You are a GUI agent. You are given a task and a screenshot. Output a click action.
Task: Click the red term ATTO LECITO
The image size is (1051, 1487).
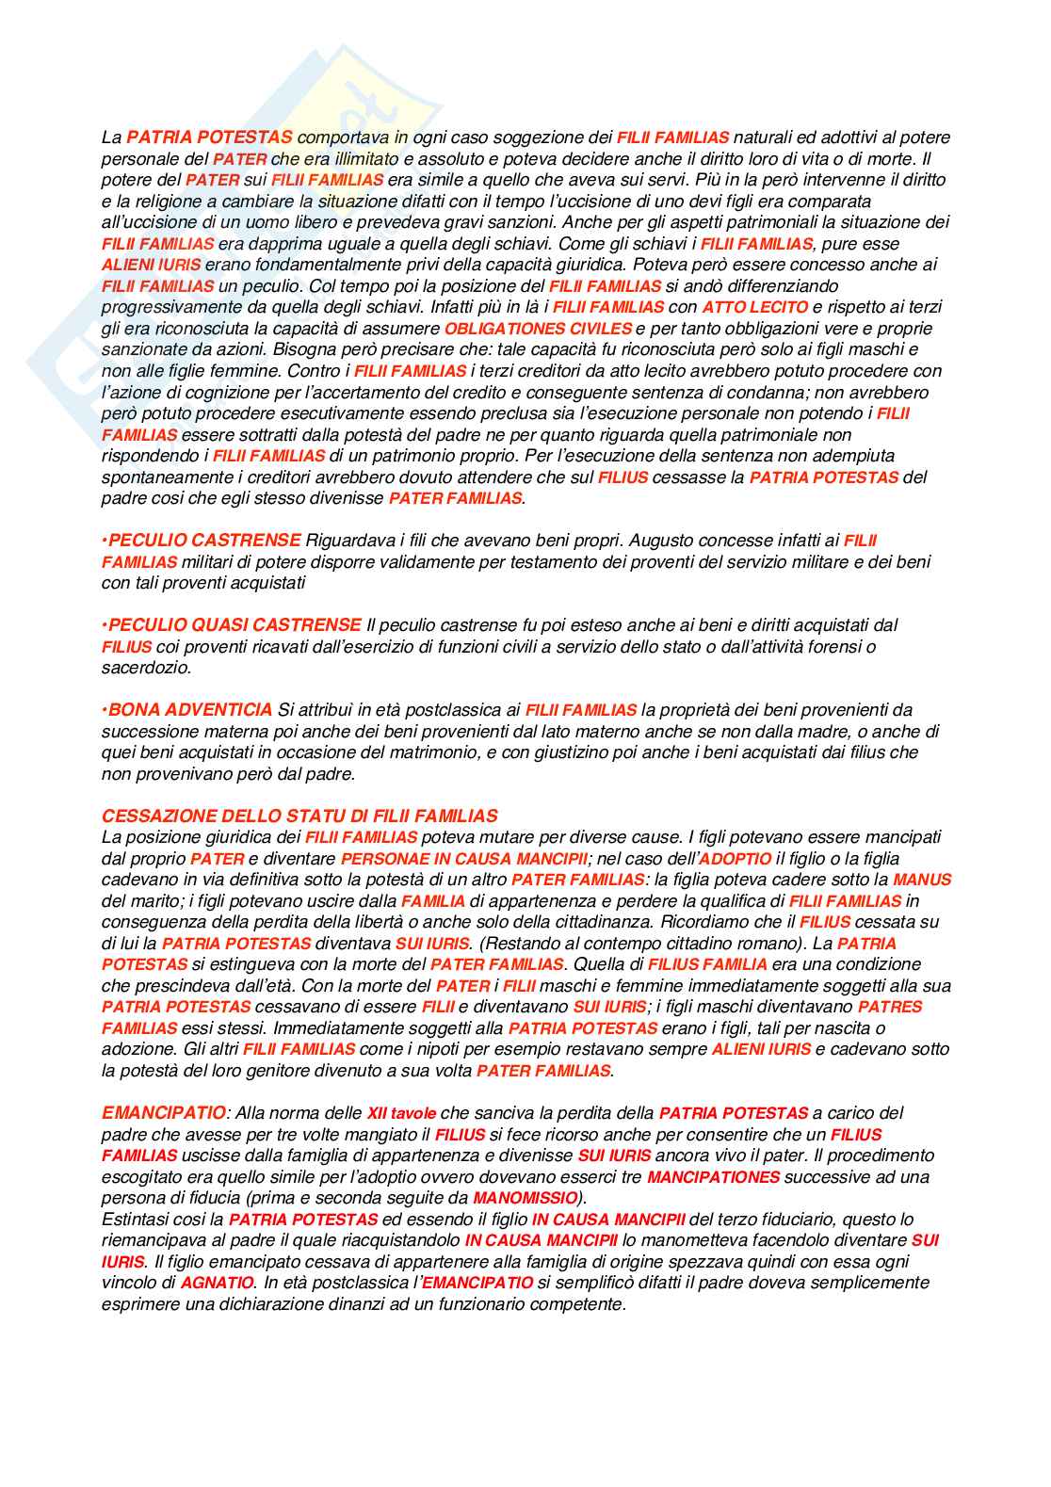tap(755, 307)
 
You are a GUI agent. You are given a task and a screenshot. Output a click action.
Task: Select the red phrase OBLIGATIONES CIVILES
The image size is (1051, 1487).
tap(538, 329)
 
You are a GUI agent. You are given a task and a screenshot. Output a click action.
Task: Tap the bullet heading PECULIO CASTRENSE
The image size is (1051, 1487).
tap(202, 541)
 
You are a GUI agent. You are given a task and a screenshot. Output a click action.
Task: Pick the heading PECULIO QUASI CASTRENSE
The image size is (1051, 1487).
tap(232, 625)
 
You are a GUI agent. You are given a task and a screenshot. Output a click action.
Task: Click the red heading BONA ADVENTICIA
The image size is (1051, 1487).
tap(187, 710)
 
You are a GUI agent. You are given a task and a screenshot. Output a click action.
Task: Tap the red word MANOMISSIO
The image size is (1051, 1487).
tap(525, 1198)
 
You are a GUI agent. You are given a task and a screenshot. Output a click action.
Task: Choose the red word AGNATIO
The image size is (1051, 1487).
tap(217, 1283)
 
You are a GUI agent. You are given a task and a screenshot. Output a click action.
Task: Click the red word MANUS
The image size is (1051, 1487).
tap(922, 880)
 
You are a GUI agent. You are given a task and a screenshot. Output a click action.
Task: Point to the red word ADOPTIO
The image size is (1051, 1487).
tap(735, 859)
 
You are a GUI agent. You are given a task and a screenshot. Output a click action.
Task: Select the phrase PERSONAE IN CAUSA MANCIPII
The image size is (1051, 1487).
tap(465, 859)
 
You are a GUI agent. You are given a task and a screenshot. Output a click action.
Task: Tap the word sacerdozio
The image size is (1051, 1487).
tap(146, 668)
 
